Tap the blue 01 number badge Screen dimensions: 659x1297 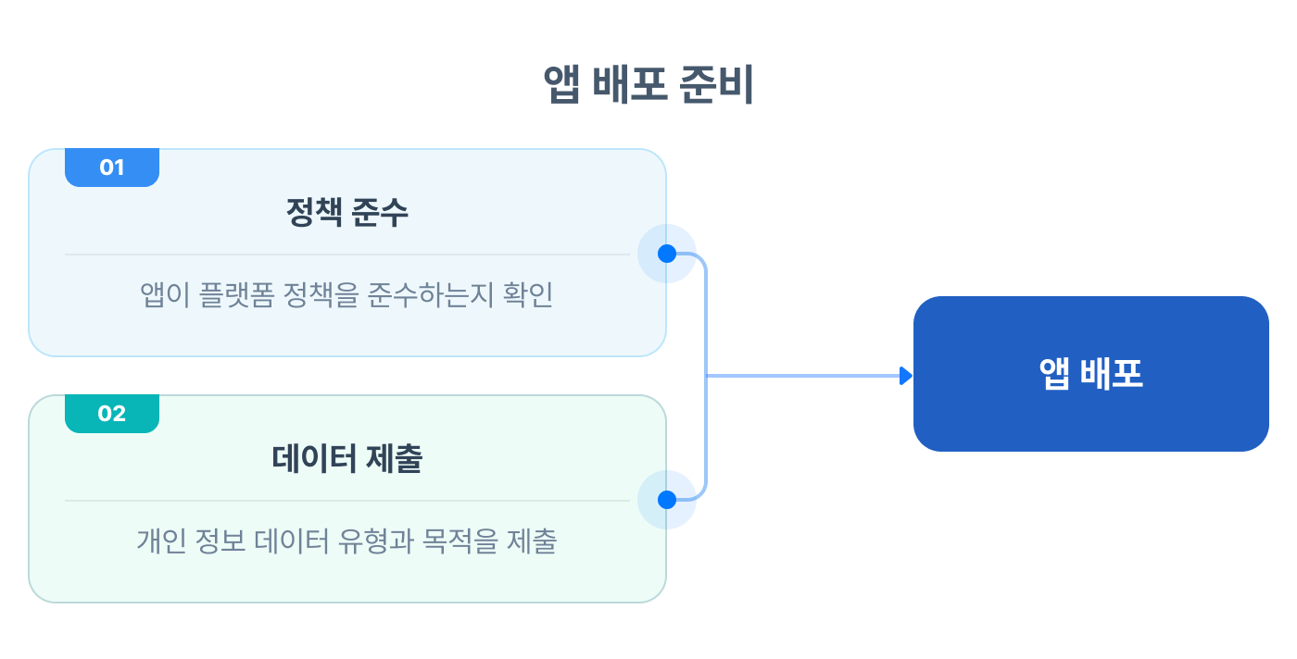[112, 168]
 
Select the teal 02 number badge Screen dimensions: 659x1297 [112, 414]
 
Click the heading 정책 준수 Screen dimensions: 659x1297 [347, 214]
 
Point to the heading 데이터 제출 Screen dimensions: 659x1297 [347, 460]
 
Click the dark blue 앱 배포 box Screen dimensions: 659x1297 [1090, 374]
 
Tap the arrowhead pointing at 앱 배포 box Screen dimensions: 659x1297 [906, 375]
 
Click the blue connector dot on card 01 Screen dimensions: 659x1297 [666, 254]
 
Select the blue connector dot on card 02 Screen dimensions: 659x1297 [666, 500]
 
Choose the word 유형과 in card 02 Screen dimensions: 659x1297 [375, 541]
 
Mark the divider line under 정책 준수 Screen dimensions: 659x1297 [347, 254]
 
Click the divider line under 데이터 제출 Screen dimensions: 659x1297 [347, 500]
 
